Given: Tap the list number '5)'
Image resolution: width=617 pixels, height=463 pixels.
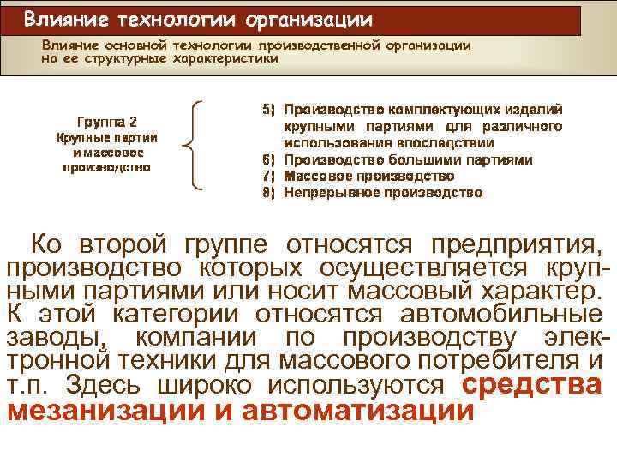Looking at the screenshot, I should (x=267, y=110).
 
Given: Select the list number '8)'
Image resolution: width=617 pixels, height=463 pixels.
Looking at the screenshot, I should (x=267, y=192).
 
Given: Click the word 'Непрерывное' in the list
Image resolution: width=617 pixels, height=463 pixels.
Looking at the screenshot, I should (x=326, y=192).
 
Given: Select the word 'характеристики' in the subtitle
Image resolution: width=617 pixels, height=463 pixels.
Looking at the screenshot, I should (x=225, y=59).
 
